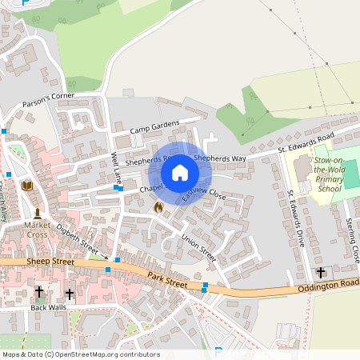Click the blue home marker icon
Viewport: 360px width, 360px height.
(180, 173)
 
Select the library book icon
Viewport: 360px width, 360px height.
(27, 186)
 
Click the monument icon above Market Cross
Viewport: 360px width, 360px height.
(37, 214)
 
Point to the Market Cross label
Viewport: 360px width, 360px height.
(37, 230)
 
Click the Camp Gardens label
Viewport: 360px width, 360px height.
(154, 126)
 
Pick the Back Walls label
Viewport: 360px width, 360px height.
(47, 308)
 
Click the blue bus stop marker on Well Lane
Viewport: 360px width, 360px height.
(119, 189)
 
